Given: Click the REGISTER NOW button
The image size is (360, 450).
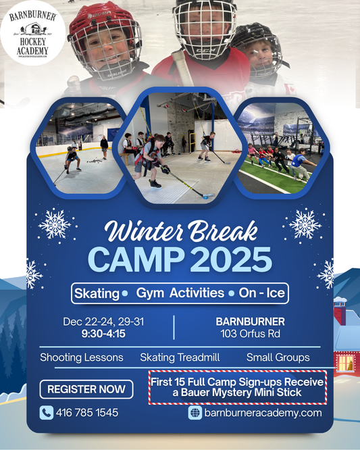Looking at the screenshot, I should (x=86, y=389).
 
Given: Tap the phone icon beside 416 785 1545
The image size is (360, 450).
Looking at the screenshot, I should (x=46, y=412).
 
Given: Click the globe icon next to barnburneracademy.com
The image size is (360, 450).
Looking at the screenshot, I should (x=196, y=413).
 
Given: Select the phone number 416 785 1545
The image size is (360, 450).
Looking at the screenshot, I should (x=88, y=412).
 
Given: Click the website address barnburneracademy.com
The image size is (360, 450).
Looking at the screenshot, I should (x=263, y=413).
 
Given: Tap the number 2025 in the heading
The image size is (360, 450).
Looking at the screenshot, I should (x=233, y=259).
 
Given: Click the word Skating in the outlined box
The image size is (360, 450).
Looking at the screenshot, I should (x=96, y=293).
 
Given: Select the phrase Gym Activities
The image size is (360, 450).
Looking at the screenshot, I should (x=180, y=293).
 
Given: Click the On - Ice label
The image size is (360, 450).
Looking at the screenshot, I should (x=261, y=293).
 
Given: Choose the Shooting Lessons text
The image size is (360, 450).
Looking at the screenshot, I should (x=82, y=357).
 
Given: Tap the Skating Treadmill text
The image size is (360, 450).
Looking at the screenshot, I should (x=177, y=357).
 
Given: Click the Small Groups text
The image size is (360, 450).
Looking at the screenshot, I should (x=278, y=357).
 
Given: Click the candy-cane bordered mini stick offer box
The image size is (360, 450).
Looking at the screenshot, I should (x=237, y=387).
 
